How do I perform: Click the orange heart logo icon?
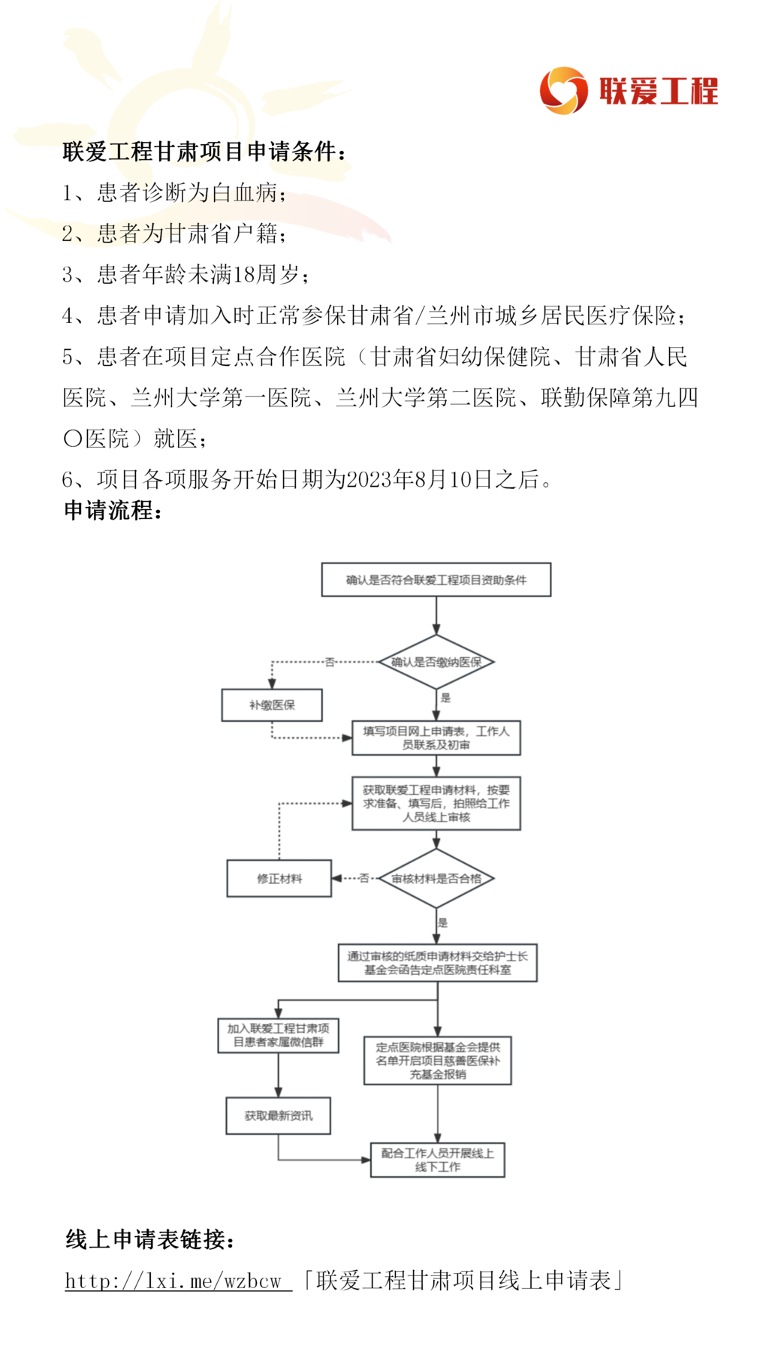click(563, 90)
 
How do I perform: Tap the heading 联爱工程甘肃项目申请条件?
click(199, 152)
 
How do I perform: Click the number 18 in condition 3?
click(244, 274)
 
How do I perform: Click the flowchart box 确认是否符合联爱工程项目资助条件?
click(436, 580)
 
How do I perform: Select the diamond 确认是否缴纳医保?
click(436, 662)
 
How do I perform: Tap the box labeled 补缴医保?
click(272, 705)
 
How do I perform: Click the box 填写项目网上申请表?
click(436, 738)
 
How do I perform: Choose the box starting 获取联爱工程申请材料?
click(436, 804)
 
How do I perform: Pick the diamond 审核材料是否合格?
click(436, 878)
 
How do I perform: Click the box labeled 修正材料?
click(279, 878)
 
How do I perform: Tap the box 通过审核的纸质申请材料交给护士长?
click(438, 963)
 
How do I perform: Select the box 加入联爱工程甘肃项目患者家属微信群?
click(279, 1035)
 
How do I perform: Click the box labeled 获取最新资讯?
click(279, 1115)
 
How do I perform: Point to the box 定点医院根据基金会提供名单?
click(438, 1061)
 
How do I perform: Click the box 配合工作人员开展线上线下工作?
click(438, 1160)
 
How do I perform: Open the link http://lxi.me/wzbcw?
click(178, 1281)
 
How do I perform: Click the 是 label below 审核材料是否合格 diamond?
click(443, 922)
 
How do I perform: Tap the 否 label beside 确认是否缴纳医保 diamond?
click(330, 662)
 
